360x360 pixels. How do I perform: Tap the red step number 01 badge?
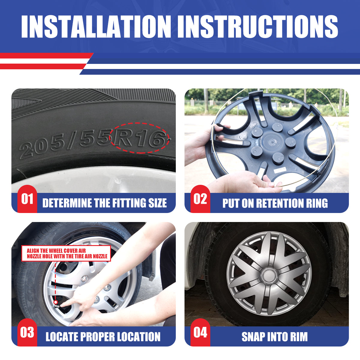click(27, 199)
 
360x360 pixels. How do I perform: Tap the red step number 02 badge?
click(200, 199)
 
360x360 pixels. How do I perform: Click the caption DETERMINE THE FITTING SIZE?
click(104, 203)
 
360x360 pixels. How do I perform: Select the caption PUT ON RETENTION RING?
click(275, 203)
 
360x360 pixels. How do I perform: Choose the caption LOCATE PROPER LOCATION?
click(103, 337)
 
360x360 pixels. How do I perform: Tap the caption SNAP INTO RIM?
click(274, 337)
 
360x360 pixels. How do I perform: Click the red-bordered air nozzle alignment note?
click(66, 253)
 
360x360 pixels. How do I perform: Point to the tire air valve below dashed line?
click(56, 302)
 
